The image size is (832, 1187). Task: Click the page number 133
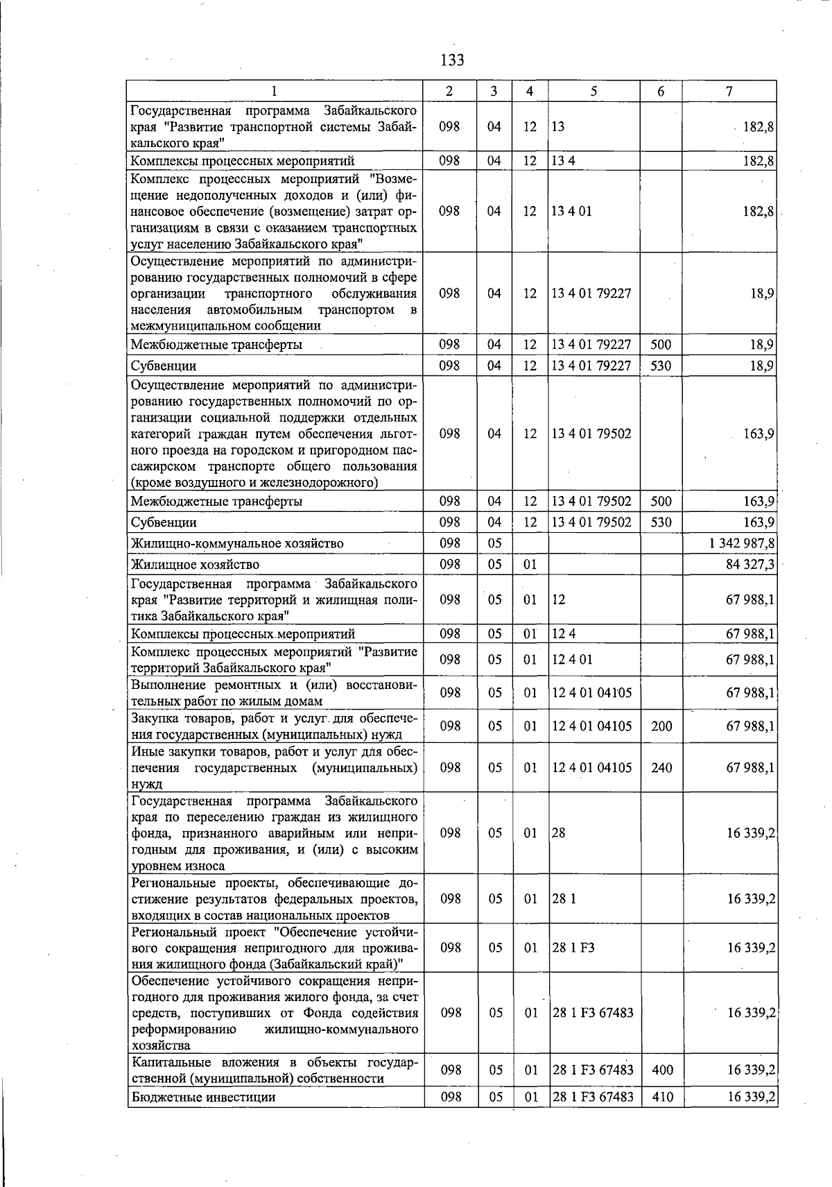click(452, 60)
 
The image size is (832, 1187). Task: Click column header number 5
click(594, 91)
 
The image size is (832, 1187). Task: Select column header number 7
click(729, 91)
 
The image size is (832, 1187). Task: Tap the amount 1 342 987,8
click(741, 543)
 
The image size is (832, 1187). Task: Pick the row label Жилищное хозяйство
click(195, 564)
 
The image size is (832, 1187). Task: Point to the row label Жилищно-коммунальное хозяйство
click(237, 543)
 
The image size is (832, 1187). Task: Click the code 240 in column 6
click(661, 768)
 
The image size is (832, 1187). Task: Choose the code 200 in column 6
click(661, 726)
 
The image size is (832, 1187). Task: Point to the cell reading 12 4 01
click(572, 659)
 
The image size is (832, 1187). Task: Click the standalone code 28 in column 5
click(559, 833)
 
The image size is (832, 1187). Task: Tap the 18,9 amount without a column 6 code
click(762, 293)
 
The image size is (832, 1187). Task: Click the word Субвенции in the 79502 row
click(164, 522)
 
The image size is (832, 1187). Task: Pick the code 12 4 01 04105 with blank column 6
click(591, 692)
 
